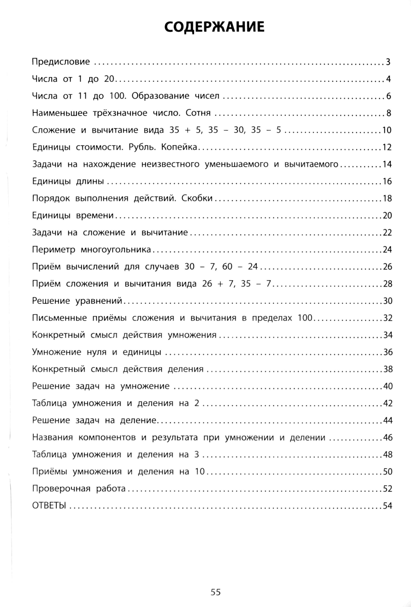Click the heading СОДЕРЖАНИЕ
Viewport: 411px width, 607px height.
[x=214, y=27]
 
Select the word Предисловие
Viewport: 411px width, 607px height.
[x=61, y=62]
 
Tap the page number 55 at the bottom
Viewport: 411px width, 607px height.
[x=215, y=592]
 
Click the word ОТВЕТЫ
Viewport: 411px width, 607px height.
[x=49, y=506]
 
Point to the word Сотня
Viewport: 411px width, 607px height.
[x=198, y=113]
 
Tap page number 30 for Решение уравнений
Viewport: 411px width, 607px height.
[x=388, y=301]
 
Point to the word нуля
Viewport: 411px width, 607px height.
[x=97, y=352]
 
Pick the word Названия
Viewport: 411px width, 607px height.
[x=52, y=437]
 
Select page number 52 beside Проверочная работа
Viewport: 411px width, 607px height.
[x=388, y=489]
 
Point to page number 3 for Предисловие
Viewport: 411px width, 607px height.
[x=388, y=62]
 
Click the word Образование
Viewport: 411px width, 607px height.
[x=156, y=96]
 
